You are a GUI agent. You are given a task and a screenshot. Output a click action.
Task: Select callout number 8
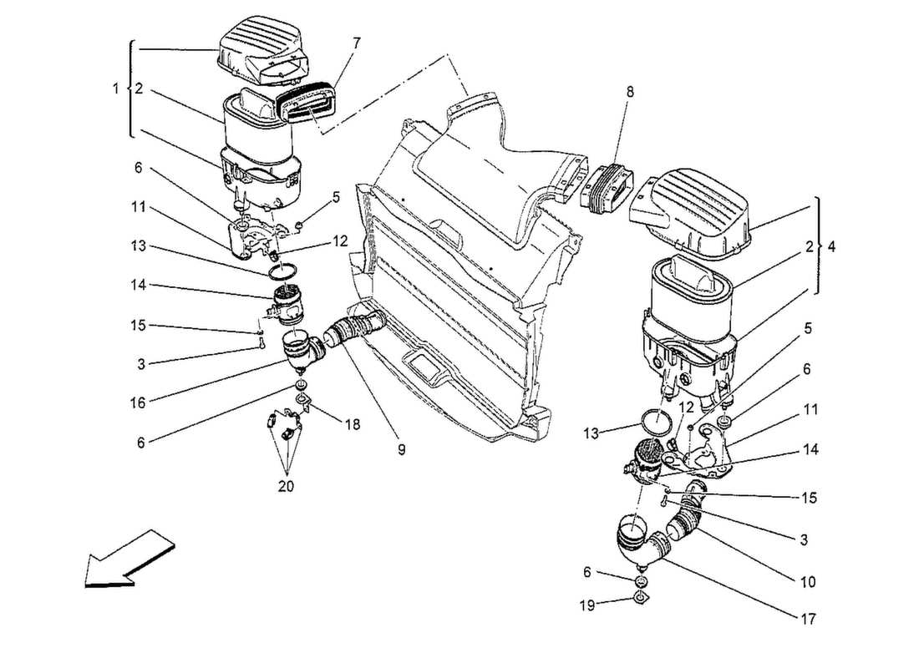[x=629, y=93]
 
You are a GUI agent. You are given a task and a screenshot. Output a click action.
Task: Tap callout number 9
[x=401, y=449]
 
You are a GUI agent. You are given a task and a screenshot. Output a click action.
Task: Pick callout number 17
[x=806, y=619]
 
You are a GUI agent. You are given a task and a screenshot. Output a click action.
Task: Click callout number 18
[x=353, y=425]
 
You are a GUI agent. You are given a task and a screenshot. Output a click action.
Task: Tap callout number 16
[x=139, y=402]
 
